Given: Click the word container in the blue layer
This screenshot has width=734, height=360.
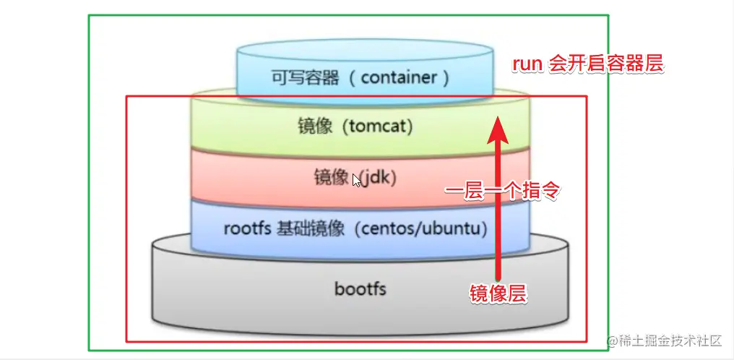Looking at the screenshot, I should pos(400,77).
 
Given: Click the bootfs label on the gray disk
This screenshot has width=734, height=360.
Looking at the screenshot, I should pos(360,289).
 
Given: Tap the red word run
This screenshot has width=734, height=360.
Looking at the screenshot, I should pos(527,64).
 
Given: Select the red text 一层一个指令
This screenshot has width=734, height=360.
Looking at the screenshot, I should pos(503,192).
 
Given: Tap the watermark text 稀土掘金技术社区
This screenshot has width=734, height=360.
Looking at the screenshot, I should pos(675,340).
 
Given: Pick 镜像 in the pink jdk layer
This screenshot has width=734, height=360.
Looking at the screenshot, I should pos(332,177).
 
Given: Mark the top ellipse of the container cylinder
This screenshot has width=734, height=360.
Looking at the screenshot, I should pos(366,51).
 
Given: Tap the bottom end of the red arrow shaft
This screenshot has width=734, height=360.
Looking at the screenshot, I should pos(497,276).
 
